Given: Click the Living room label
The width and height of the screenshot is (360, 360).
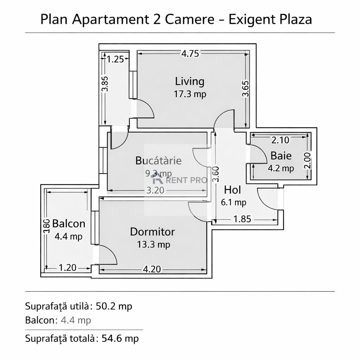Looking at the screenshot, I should [189, 81].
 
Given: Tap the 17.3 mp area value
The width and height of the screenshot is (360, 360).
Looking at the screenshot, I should [189, 94].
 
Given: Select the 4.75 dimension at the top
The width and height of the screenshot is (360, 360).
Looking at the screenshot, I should [190, 53].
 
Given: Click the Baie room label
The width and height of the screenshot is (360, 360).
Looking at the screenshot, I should [281, 155].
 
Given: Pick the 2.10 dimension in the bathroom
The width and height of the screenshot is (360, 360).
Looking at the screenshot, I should [280, 140].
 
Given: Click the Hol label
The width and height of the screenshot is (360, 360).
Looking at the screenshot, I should [232, 190].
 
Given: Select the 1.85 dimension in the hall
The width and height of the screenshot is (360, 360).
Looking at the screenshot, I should [242, 219].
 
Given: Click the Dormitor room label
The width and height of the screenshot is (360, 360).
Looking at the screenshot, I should [152, 232].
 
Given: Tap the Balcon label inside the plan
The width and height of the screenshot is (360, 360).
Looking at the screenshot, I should [69, 224].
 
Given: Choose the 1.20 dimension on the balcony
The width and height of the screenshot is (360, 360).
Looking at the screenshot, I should [67, 268].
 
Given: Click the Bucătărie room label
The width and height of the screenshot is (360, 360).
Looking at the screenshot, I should [159, 161].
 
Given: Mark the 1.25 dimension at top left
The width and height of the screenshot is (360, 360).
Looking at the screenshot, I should [115, 59].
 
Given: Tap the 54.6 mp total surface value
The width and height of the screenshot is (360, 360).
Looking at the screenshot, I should [120, 339].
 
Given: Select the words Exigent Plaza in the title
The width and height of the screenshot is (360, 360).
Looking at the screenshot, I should [270, 19].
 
